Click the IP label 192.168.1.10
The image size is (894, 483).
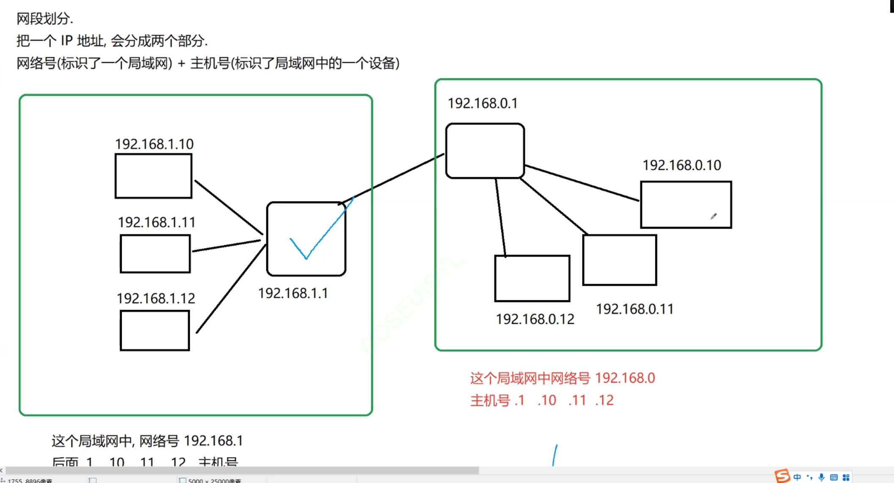[x=154, y=144]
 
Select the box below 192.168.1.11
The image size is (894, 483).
[x=155, y=254]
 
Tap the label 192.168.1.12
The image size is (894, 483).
[x=156, y=298]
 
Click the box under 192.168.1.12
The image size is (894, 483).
[x=155, y=331]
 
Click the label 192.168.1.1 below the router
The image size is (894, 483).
[x=293, y=293]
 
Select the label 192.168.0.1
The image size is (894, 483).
[x=483, y=103]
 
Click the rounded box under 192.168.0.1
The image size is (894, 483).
[x=485, y=151]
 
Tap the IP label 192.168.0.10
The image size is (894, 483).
[x=682, y=165]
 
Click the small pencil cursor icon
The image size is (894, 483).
[x=714, y=216]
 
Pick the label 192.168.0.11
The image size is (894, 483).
[x=635, y=309]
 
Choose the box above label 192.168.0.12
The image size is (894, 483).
[x=532, y=279]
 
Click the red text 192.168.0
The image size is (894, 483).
[x=625, y=378]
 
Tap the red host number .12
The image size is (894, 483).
[x=604, y=400]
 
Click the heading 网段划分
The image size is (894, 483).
[x=44, y=19]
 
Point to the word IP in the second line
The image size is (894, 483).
[x=67, y=41]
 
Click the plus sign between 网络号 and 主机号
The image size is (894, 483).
[x=182, y=63]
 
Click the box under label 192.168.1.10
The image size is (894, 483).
[x=154, y=176]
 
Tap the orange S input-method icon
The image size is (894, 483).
[x=782, y=476]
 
